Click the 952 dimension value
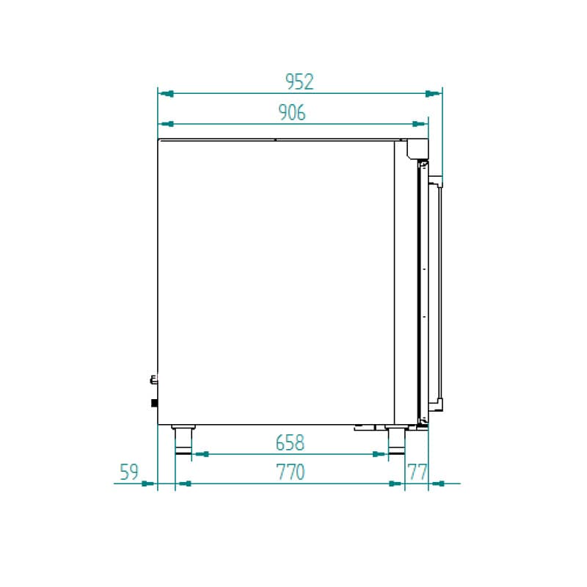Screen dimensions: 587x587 point(299,81)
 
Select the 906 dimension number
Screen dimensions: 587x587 point(292,112)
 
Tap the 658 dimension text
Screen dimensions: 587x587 point(290,443)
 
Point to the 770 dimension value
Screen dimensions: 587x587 point(291,473)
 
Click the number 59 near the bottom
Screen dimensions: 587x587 point(129,473)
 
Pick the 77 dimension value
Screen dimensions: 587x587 point(418,473)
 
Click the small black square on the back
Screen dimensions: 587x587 point(154,402)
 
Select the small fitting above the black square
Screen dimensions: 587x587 point(153,380)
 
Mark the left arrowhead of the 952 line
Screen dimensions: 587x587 point(167,93)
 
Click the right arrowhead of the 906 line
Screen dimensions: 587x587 point(420,124)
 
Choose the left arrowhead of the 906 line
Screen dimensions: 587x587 point(167,124)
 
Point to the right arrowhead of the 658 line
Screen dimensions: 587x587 point(379,454)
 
